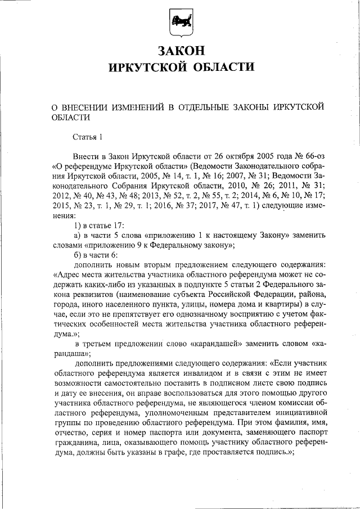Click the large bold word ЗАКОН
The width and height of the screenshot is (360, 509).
click(180, 51)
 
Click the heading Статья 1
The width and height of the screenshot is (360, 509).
click(88, 137)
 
